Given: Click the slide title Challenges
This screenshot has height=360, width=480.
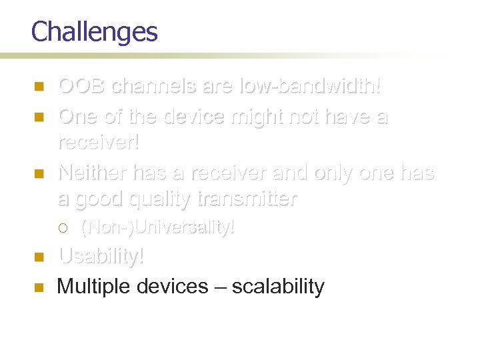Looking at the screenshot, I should (94, 32).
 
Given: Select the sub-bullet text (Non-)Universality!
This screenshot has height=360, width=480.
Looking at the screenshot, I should (157, 228).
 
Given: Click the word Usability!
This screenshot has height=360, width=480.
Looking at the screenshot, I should (101, 257).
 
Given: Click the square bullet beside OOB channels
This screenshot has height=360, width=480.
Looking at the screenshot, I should (39, 87).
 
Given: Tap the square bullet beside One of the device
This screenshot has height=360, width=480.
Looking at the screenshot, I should (39, 117).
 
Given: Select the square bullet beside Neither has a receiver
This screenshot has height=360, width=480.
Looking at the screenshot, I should (39, 173).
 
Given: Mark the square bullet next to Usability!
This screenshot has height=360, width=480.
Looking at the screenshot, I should (39, 257).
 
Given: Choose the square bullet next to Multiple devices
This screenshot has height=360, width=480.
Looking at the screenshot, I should (39, 287).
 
